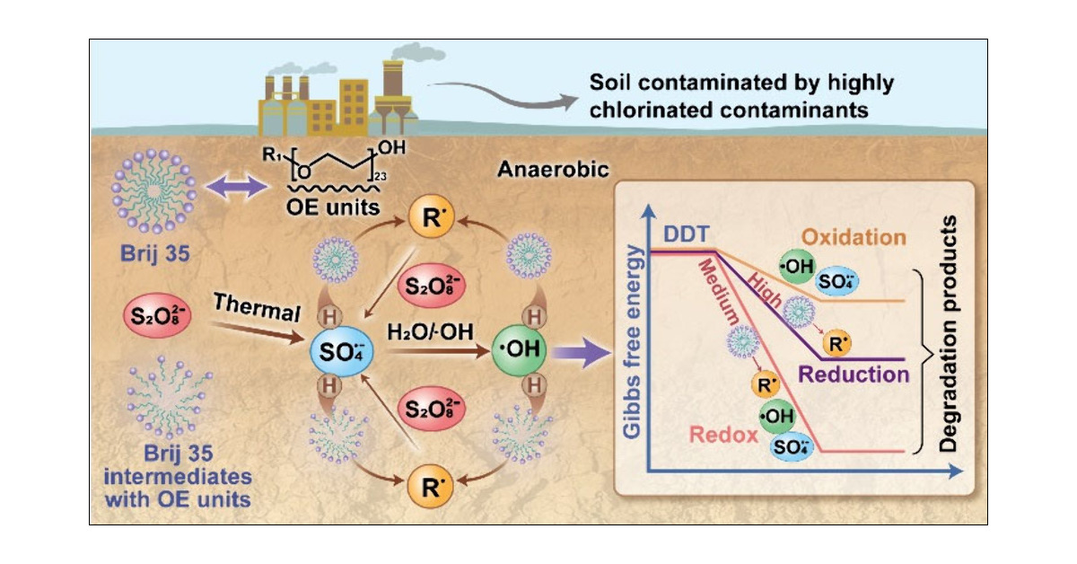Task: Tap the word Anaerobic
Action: (538, 167)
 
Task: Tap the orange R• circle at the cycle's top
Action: (427, 218)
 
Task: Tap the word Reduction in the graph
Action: (853, 375)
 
